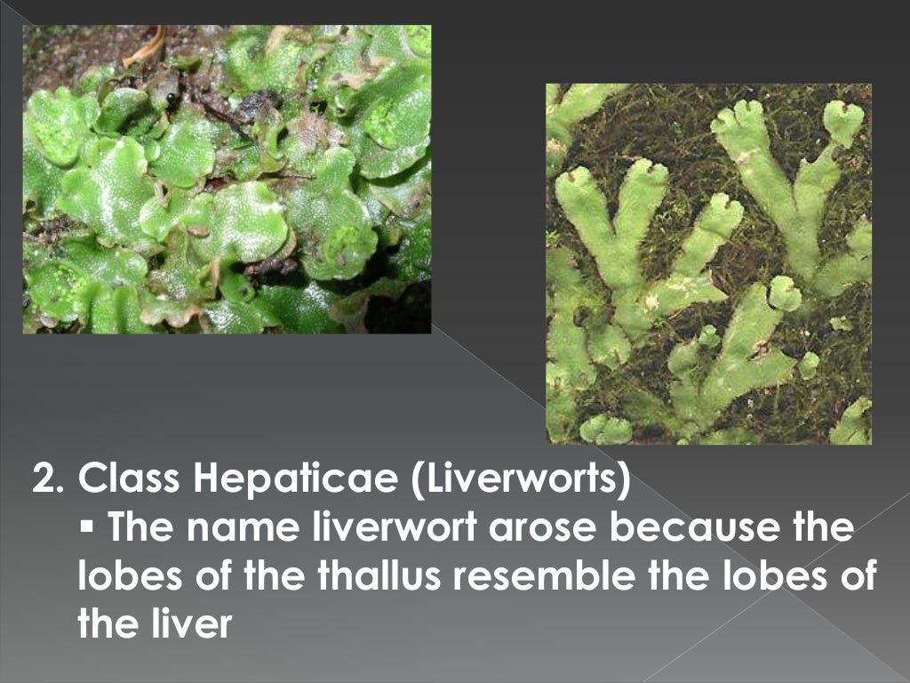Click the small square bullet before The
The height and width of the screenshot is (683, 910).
(86, 530)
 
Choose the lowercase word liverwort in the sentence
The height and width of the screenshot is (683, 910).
(388, 529)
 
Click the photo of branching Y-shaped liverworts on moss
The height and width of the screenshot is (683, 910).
(708, 264)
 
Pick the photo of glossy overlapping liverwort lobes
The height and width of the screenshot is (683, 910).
(227, 179)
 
